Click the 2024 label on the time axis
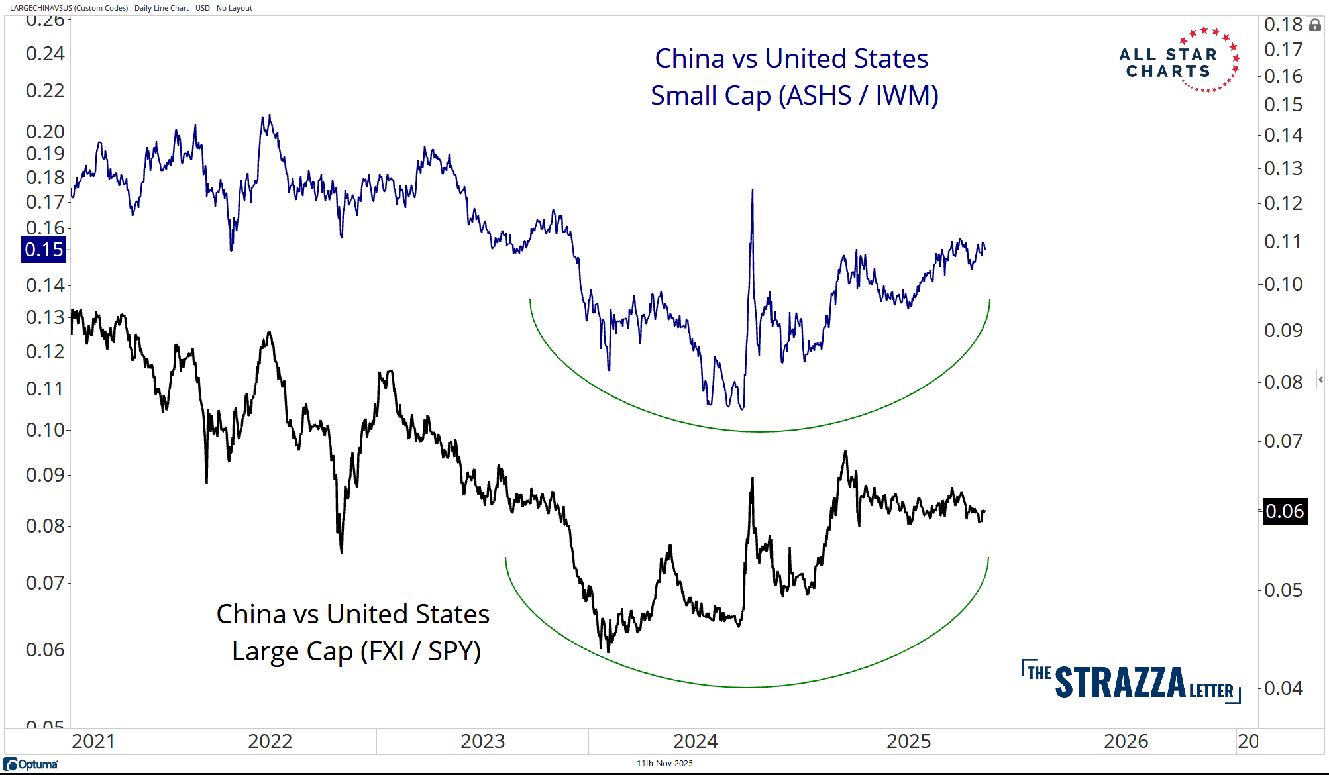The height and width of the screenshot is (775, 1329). pos(695,741)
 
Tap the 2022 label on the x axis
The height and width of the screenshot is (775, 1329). pos(270,741)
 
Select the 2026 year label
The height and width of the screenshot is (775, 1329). pos(1126,741)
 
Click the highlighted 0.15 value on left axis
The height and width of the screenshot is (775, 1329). pos(44,250)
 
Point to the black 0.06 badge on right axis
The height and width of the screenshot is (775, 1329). pos(1285,511)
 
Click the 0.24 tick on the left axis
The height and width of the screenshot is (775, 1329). pos(45,53)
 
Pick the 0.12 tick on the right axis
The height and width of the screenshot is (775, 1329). pos(1283,203)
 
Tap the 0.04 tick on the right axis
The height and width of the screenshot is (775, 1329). pos(1283,688)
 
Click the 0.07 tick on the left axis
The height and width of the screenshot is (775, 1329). pos(45,583)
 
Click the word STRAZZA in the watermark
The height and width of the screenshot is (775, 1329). pos(1120,682)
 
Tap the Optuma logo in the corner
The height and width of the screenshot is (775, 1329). pos(31,764)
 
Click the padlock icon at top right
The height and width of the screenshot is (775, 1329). pos(1315,25)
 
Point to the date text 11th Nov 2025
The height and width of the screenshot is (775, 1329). pos(664,763)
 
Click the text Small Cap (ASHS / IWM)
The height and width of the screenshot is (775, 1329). pos(794,95)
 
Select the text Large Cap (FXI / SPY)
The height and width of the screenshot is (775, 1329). pos(356,651)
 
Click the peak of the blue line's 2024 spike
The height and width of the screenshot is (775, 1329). pos(752,190)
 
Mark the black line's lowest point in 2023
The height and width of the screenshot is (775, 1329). pos(608,652)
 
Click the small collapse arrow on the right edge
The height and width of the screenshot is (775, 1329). pos(1320,380)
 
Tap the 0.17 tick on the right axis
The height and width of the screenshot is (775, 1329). pos(1283,50)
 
